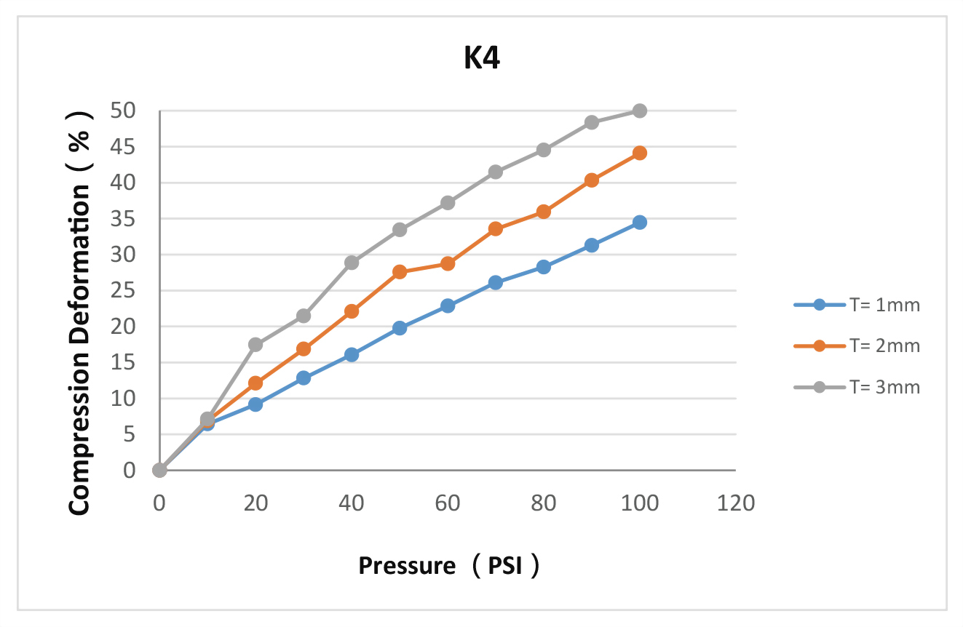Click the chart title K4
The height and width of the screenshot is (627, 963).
[x=482, y=59]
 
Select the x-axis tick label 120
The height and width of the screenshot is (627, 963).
[x=736, y=503]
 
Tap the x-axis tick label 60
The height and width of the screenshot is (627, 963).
[x=448, y=503]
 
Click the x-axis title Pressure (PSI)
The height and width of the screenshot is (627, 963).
[x=449, y=565]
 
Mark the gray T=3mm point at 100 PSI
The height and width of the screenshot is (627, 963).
[x=640, y=111]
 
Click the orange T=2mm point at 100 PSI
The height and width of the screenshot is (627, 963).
[x=640, y=153]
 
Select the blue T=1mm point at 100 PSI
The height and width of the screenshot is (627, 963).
[x=640, y=223]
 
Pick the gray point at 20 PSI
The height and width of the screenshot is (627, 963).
[x=255, y=344]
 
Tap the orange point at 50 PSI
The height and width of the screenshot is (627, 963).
[x=400, y=272]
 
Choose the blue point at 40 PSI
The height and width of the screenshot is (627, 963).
[x=352, y=354]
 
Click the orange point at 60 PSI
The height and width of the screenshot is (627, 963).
[x=448, y=263]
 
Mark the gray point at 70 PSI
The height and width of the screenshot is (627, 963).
[x=496, y=172]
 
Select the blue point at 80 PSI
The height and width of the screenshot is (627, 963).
[x=544, y=267]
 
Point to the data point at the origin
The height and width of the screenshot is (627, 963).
[x=159, y=470]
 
